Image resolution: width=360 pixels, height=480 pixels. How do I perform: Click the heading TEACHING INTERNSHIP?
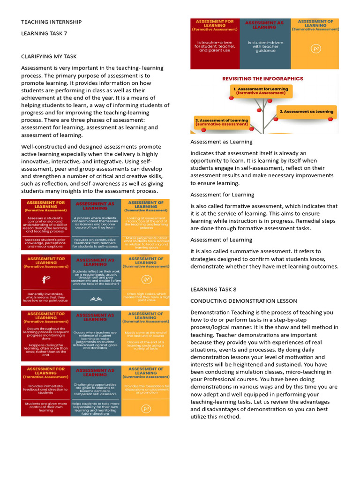coord(51,22)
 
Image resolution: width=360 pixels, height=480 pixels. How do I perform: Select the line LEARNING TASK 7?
coord(44,34)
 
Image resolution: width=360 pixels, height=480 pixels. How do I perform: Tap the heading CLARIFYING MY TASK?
coord(49,56)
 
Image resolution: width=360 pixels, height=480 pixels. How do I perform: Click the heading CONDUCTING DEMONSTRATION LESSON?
coord(243,301)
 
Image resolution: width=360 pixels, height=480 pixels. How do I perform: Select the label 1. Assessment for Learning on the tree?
coord(261,90)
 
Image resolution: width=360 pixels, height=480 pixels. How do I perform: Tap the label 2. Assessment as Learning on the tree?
coord(306,112)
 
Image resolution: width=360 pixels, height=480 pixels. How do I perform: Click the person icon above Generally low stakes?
coord(46,279)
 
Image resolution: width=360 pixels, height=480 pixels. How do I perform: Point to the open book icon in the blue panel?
coord(96,298)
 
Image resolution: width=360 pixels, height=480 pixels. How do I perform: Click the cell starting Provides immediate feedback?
coord(46,389)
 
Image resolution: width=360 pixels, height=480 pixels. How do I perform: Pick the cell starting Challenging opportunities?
coord(96,389)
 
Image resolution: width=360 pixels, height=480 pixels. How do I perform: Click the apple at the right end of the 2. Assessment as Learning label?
coord(330,119)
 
